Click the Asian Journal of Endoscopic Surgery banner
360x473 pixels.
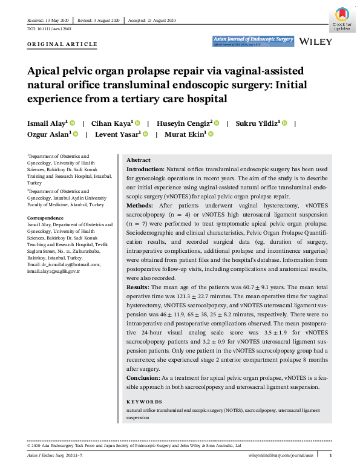tap(253, 41)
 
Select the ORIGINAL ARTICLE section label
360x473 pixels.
tap(62, 45)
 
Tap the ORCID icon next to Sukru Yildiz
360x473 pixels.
tap(284, 123)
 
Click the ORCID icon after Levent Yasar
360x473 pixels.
tap(146, 134)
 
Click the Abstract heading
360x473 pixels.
tap(139, 160)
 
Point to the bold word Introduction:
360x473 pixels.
tap(145, 170)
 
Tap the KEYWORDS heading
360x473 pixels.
tap(144, 402)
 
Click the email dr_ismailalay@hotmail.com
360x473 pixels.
tap(69, 265)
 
